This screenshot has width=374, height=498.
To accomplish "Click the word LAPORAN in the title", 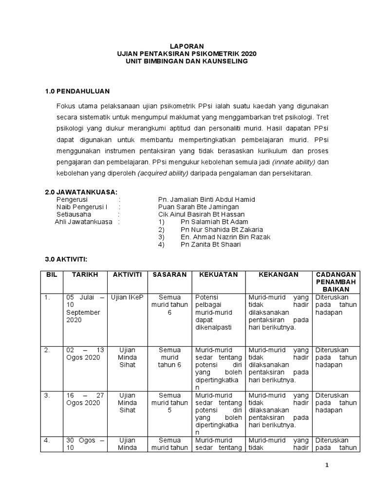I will [187, 45].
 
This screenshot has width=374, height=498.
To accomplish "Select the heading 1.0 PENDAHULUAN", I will [77, 91].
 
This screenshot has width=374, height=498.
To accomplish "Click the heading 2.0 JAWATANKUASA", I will [81, 192].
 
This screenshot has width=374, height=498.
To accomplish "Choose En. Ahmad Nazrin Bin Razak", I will [225, 237].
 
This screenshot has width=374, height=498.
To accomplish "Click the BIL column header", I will [52, 275].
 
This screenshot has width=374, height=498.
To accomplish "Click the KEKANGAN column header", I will [278, 275].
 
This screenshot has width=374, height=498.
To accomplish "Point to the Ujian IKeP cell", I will [127, 297].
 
